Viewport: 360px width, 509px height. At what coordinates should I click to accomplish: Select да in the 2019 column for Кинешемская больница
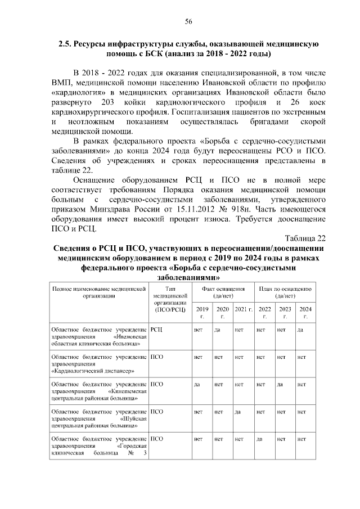click(x=197, y=384)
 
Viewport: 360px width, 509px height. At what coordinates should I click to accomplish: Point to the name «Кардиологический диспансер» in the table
click(x=92, y=371)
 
